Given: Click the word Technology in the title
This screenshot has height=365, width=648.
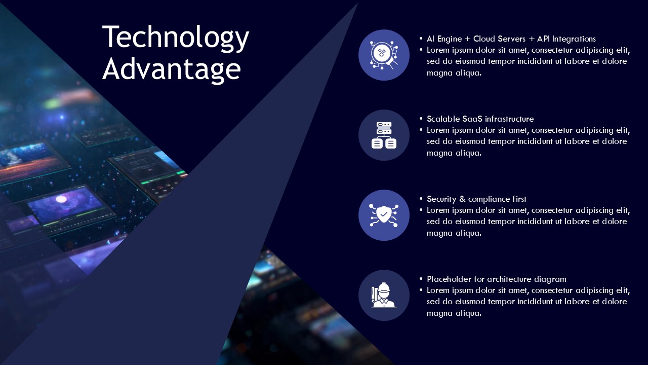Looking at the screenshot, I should click(176, 38).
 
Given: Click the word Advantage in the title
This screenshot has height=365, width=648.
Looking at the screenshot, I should click(171, 69).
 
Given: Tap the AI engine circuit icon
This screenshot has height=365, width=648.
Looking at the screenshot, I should click(384, 55).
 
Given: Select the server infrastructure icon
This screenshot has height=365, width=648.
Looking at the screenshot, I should click(384, 135).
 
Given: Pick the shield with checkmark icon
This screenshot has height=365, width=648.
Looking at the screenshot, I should click(384, 215).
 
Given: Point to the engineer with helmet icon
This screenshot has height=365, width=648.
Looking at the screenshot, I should click(384, 295).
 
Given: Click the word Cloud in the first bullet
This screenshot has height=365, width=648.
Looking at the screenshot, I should click(484, 39).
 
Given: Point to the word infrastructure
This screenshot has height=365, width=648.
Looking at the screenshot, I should click(509, 119).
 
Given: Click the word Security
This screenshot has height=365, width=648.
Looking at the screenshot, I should click(442, 199).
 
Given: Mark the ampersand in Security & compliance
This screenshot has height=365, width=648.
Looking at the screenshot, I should click(463, 199).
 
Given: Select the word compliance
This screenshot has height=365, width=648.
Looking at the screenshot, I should click(489, 199).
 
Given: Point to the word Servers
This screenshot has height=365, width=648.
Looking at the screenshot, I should click(512, 39).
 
